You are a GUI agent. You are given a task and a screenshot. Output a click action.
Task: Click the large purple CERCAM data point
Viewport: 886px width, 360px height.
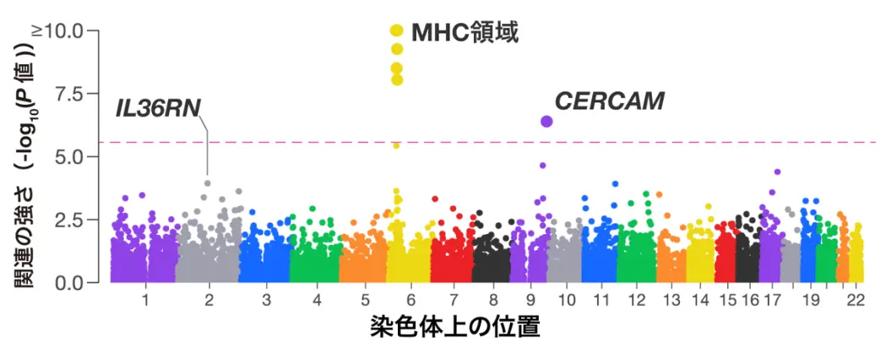(546, 121)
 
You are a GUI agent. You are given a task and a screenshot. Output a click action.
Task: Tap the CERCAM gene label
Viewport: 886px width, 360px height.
(609, 101)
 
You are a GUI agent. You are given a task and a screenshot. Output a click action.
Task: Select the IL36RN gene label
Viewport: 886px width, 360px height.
(158, 108)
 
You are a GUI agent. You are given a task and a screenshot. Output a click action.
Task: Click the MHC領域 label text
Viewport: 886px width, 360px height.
(464, 33)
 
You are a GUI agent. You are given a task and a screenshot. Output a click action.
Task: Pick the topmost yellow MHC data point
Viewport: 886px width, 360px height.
(396, 30)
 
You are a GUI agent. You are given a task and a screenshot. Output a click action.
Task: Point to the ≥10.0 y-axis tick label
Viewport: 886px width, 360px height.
(57, 30)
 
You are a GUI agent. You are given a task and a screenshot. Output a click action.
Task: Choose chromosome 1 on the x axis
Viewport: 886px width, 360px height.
(145, 300)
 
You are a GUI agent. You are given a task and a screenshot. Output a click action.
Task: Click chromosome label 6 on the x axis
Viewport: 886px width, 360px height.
(411, 300)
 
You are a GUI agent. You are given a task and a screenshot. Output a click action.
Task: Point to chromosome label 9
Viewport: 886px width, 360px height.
(530, 300)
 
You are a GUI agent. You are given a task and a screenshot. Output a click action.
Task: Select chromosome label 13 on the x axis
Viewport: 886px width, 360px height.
(672, 300)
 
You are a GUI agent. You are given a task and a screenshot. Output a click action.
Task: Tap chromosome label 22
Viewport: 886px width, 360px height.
(856, 300)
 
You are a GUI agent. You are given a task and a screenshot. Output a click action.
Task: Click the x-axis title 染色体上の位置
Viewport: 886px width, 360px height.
(454, 326)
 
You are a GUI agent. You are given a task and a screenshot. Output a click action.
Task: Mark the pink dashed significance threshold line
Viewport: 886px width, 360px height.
(676, 142)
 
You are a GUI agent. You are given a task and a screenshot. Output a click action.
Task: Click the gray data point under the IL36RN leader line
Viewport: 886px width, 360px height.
(208, 183)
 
